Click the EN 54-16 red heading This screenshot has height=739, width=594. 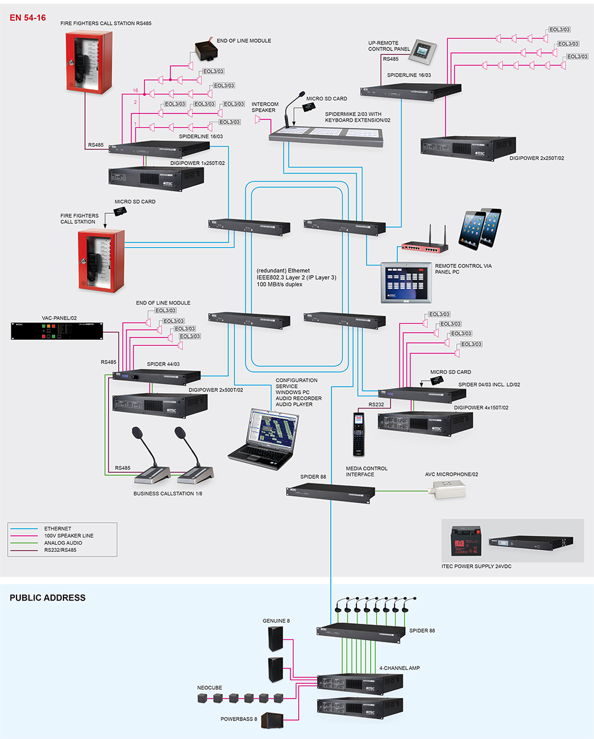pos(27,18)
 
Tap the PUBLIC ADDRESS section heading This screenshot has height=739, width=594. pos(48,598)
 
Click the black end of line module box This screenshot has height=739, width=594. pos(205,50)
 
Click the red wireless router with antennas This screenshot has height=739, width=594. pos(424,244)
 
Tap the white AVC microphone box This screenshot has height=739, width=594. pos(449,489)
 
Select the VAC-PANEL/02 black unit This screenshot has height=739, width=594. pos(56,331)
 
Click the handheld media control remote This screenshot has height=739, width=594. pos(359,434)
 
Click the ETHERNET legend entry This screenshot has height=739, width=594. pos(58,529)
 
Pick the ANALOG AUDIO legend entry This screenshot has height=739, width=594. pos(63,543)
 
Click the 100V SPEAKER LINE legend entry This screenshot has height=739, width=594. pos(68,536)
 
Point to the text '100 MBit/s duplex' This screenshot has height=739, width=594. pos(280,285)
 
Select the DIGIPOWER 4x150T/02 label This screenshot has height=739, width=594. pos(481,408)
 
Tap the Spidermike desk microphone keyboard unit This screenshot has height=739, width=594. pos(326,135)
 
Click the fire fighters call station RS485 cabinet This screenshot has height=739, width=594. pos(89,62)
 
